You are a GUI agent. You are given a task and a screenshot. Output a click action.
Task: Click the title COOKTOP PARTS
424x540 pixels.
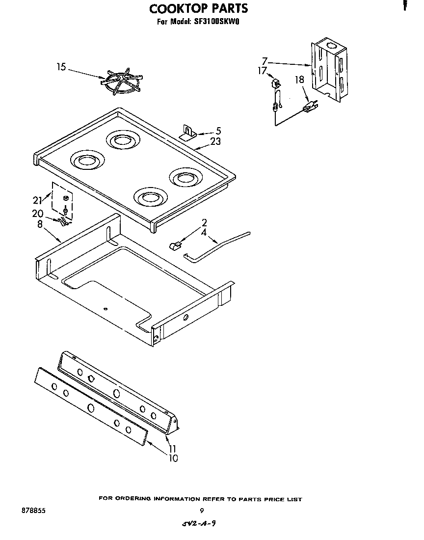click(198, 8)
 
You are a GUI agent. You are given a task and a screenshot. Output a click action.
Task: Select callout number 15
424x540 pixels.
click(61, 67)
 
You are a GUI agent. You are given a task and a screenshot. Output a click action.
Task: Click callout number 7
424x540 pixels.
click(265, 61)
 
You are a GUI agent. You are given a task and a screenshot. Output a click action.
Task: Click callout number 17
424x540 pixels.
click(262, 71)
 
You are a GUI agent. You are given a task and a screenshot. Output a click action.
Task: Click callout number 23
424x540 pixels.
click(215, 142)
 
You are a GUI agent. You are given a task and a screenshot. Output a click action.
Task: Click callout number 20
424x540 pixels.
click(38, 214)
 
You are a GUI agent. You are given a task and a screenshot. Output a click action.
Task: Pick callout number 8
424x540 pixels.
click(40, 223)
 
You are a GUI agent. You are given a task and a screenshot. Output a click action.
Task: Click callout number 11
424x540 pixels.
click(172, 449)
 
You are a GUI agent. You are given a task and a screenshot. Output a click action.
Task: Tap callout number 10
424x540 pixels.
click(173, 458)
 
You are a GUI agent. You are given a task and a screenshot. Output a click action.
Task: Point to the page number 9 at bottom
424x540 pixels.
click(201, 511)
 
